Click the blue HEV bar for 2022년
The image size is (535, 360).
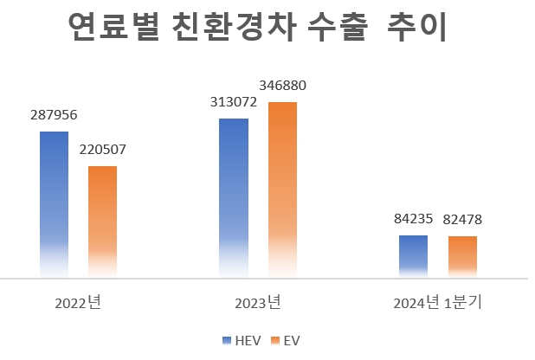pos(54,204)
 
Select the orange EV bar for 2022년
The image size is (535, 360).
pos(102,222)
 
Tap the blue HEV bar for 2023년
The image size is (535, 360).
pos(234,197)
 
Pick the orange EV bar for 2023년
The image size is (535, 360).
pos(282,190)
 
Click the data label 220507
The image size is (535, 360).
pos(102,150)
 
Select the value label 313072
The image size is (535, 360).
pos(234,102)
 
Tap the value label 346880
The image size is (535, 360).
pos(282,86)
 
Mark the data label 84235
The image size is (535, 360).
pos(413,219)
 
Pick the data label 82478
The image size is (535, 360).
pos(462,220)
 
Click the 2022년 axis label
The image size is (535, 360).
pos(78,304)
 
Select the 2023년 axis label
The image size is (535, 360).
pos(258,304)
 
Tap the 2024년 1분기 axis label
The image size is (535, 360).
pos(437,304)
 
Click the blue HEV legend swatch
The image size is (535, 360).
pos(227,340)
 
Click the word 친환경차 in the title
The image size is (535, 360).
pos(235,29)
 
